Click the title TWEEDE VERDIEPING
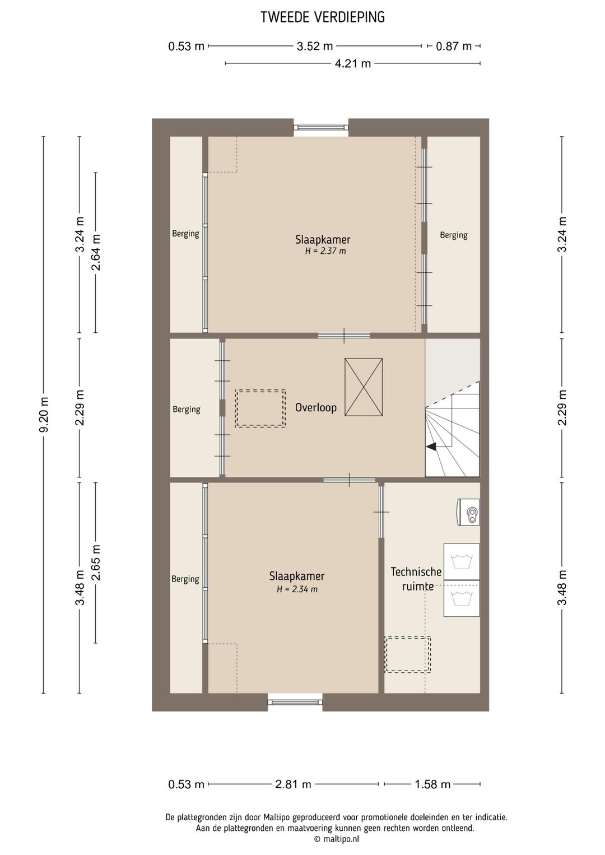point(323,17)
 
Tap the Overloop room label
point(316,408)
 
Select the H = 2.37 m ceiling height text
point(325,251)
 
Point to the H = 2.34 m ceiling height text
point(297,589)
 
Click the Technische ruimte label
point(416,579)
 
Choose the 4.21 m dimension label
point(353,63)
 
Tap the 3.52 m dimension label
point(315,46)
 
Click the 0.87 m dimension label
point(454,46)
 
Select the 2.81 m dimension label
point(293,784)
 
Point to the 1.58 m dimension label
point(433,784)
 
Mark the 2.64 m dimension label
point(96,253)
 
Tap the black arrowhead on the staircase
point(432,447)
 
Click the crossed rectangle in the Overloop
point(364,387)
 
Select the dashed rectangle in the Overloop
point(260,408)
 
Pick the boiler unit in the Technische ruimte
point(468,513)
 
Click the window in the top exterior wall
point(321,128)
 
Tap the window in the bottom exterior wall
point(295,703)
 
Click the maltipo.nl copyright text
point(336,839)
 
